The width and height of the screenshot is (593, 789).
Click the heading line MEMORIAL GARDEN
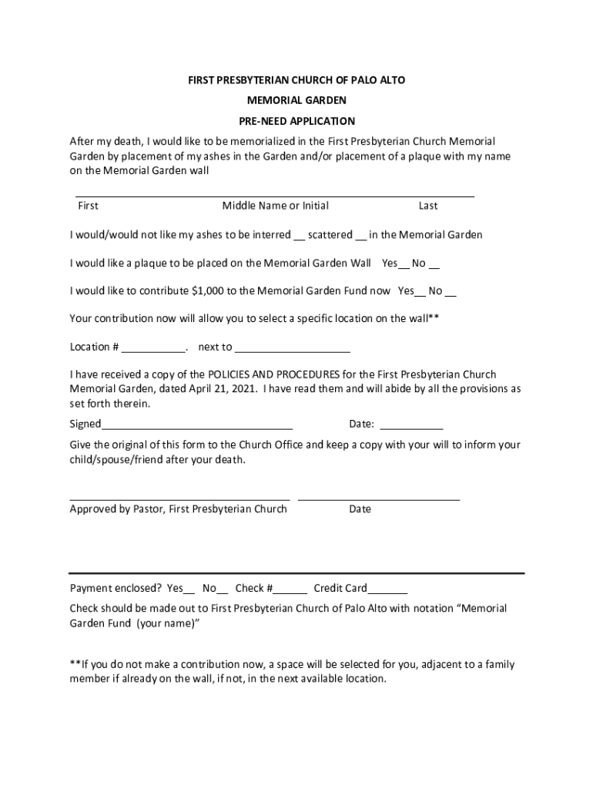296,100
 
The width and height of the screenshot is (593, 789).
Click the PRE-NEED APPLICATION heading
296,121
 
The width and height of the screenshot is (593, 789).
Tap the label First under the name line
88,206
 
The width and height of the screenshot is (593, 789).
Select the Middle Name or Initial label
275,206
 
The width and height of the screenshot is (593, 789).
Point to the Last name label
428,206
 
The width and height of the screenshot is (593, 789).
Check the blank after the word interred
300,236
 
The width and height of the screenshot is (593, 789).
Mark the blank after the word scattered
360,236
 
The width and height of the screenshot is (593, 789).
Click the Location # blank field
153,347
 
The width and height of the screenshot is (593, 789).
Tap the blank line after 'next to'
293,347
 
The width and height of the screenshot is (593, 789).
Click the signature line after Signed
197,425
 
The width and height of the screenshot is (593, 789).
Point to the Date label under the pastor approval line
360,509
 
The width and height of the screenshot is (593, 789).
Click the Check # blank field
290,589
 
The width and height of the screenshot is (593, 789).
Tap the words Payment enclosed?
116,589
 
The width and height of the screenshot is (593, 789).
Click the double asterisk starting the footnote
75,665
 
